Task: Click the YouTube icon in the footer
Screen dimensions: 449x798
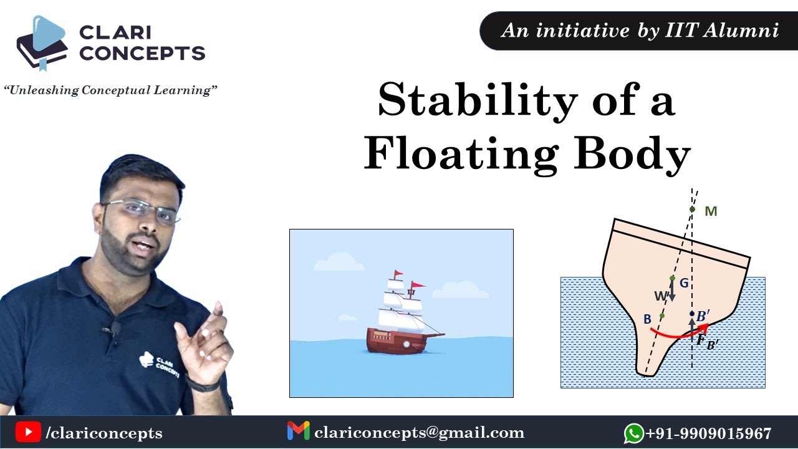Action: tap(28, 432)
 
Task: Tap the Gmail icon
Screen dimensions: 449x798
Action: tap(298, 432)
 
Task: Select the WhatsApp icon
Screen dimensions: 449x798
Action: tap(633, 433)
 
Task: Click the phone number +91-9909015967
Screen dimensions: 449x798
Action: tap(709, 433)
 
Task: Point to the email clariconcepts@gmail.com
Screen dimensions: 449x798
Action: tap(419, 432)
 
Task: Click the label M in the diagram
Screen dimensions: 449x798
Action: tap(711, 211)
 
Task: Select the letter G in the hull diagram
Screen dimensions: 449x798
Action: tap(684, 283)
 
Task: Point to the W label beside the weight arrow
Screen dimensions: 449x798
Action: tap(660, 296)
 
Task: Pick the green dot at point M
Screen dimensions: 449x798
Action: tap(692, 210)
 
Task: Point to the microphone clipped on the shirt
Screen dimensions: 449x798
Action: tap(115, 327)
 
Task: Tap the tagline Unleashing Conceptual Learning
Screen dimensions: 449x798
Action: tap(110, 90)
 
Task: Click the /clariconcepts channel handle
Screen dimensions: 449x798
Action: tap(104, 433)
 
